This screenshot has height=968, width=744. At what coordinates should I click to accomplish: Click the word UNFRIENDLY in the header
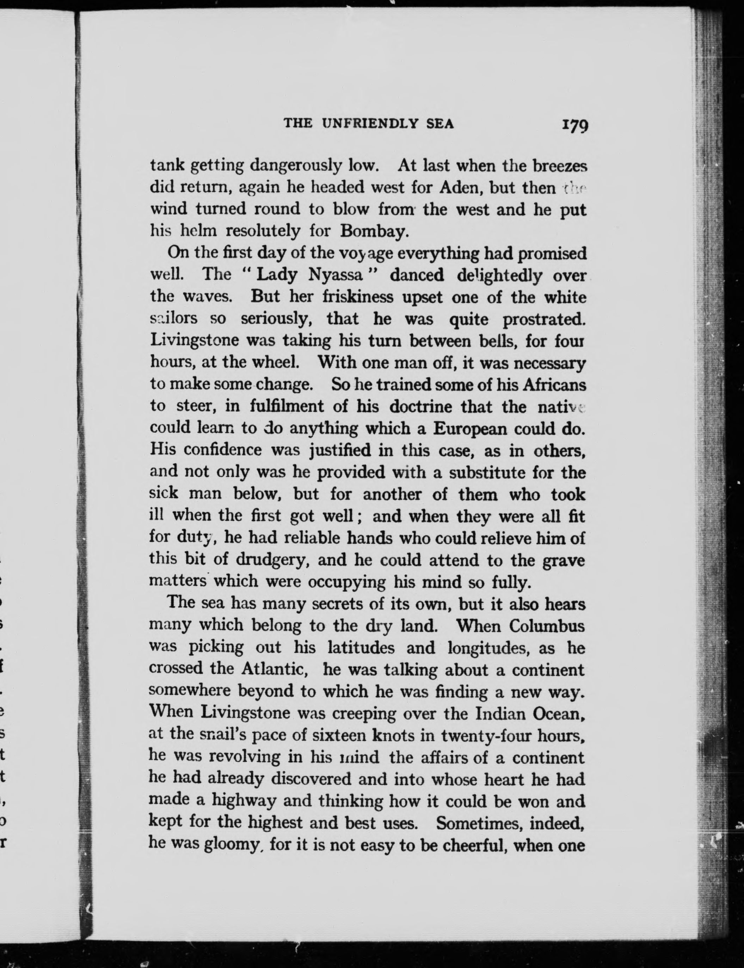coord(370,124)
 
